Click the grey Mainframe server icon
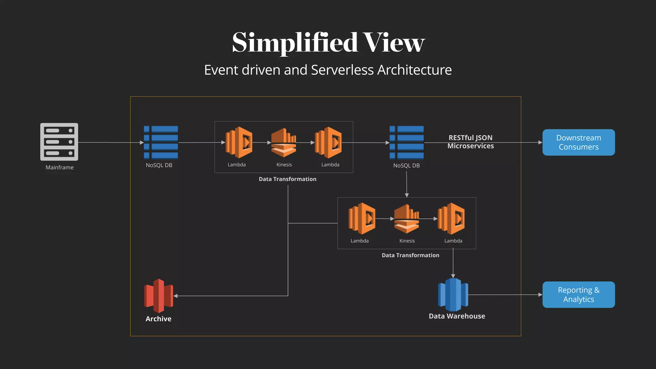[59, 142]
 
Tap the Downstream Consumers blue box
[578, 143]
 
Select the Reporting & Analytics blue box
[578, 295]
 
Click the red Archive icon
[159, 296]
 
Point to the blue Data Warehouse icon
[453, 295]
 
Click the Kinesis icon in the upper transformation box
[284, 143]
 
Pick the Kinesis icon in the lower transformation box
[406, 219]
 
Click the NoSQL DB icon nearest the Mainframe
[161, 143]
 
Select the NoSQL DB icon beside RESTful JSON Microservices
[406, 143]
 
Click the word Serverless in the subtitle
[342, 70]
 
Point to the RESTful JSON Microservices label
[470, 142]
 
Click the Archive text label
[158, 319]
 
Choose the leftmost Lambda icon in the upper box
[239, 143]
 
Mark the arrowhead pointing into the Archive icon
[176, 296]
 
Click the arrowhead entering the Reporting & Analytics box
[540, 295]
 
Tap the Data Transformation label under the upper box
[287, 179]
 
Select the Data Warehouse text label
[457, 316]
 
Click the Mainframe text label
[60, 168]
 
